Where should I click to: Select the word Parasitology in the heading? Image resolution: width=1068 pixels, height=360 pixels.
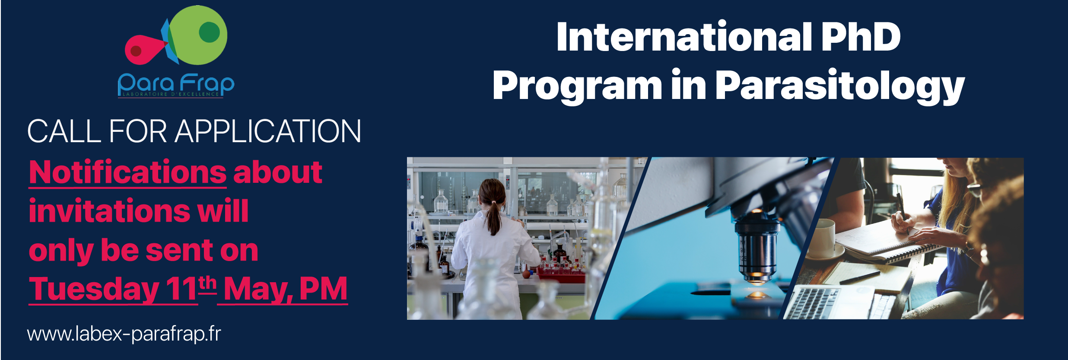pos(839,86)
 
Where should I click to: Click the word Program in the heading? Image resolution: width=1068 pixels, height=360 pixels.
pos(577,86)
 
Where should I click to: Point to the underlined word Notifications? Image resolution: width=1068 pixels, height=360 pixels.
pos(128,172)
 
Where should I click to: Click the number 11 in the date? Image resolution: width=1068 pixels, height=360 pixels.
pos(181,289)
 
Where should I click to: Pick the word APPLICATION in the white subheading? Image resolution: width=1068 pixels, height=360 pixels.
pos(268,131)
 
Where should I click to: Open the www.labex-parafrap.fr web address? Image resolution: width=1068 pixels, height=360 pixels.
pos(124,334)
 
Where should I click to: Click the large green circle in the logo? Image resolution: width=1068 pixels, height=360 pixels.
pos(197,35)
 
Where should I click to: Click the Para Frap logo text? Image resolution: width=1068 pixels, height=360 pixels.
pos(176,84)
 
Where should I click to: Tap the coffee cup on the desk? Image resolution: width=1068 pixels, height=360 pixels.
pos(822,238)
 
